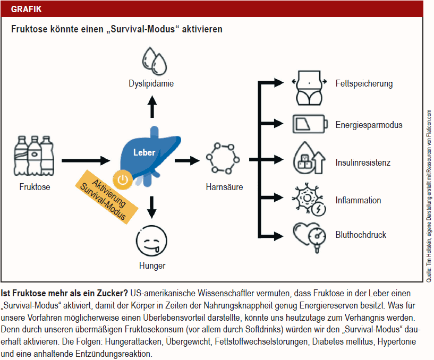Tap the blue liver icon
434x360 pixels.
[x=143, y=155]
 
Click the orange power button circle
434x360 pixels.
[x=123, y=179]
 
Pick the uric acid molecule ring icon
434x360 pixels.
[x=224, y=158]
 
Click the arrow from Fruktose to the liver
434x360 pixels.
[x=85, y=159]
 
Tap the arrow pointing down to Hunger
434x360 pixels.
[x=152, y=208]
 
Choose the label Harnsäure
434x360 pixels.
[x=224, y=187]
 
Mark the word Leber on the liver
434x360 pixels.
[x=144, y=152]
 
